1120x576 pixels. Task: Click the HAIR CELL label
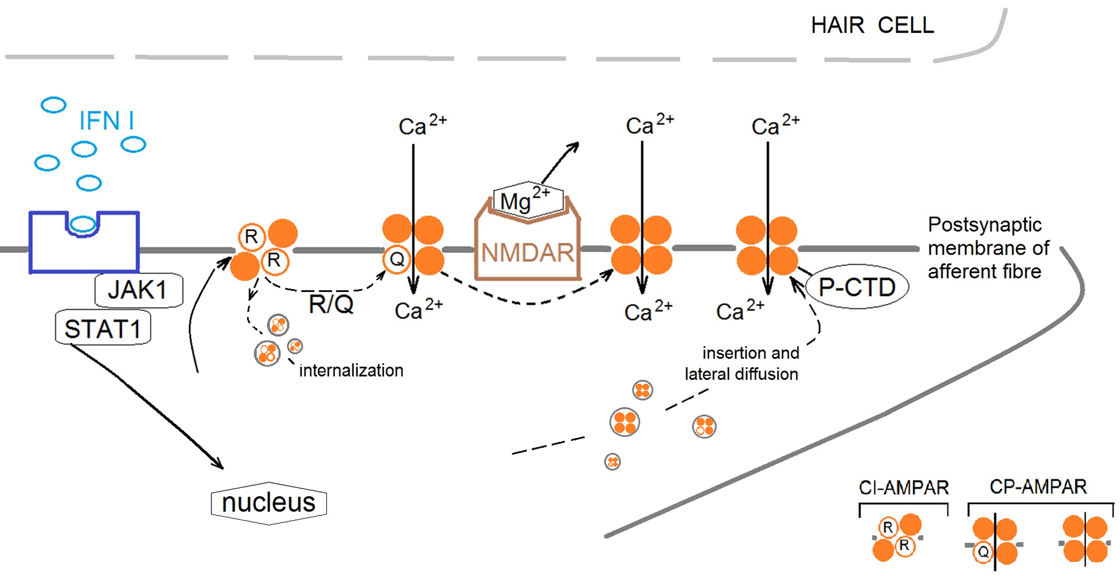(872, 25)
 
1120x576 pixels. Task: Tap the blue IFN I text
(106, 121)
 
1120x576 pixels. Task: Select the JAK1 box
(138, 290)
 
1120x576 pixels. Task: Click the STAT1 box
(103, 328)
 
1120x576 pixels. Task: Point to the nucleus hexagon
(269, 503)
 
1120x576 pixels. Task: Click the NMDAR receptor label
(527, 253)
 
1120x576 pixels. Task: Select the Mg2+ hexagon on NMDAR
(528, 200)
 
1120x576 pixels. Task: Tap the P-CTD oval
(857, 287)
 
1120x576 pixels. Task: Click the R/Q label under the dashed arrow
(331, 304)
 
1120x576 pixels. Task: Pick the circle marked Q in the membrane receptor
(397, 259)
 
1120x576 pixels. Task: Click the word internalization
(351, 371)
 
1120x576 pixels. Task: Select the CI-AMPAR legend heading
(903, 488)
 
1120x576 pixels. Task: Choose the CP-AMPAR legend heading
(1038, 487)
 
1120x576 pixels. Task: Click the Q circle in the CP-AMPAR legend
(983, 552)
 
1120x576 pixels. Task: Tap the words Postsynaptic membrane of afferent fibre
(988, 248)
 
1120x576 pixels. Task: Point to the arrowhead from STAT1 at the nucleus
(218, 464)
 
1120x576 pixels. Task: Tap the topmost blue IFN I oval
(54, 105)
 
